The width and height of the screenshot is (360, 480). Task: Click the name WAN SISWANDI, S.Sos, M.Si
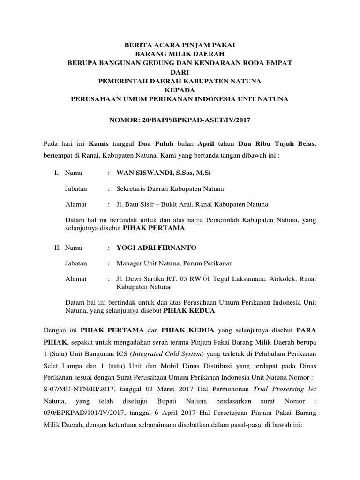[x=164, y=173]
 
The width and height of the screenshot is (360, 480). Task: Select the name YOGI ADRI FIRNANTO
[x=157, y=247]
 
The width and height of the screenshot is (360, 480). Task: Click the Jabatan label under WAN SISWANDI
[x=75, y=189]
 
